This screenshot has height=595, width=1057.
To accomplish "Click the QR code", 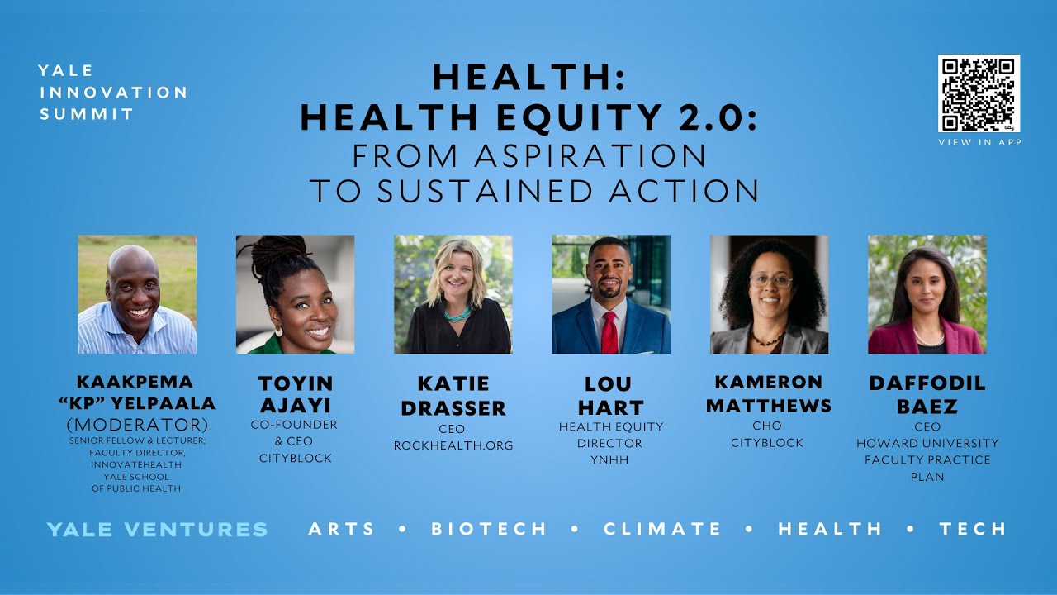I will (979, 93).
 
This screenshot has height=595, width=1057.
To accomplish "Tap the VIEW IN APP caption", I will (979, 143).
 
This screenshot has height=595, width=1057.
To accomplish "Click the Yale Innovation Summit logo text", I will (112, 93).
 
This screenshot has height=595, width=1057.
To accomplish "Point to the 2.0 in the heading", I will (712, 117).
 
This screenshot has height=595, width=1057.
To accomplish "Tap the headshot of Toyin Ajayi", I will (295, 294).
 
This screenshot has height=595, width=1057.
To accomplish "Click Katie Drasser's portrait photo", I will (453, 294).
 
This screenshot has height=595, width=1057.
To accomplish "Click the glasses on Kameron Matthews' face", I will (770, 281).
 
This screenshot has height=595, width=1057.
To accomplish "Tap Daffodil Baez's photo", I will (927, 294).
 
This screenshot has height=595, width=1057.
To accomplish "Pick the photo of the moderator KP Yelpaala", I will (137, 294).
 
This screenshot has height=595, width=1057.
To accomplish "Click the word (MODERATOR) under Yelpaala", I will (137, 425).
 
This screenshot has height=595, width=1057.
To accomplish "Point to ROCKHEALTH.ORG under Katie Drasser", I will (453, 445).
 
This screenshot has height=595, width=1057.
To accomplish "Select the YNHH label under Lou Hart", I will (610, 459).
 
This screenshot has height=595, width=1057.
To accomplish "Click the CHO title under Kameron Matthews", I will (767, 426).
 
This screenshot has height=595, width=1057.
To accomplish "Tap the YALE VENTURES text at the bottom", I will (157, 529).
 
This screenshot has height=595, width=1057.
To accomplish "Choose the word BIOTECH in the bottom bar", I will (489, 529).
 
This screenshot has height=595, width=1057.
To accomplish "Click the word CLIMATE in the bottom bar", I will (662, 529).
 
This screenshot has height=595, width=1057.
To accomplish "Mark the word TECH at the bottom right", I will (973, 529).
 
